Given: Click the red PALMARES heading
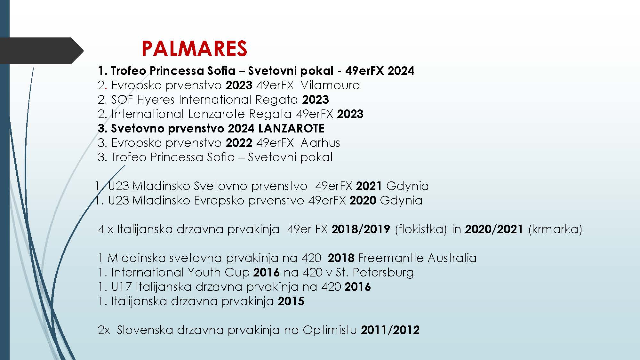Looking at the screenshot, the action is [x=194, y=49].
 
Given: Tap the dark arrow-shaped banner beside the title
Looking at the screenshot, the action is [x=42, y=51].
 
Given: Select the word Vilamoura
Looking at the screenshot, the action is [x=331, y=85].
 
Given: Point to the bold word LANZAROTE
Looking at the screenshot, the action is [x=291, y=128].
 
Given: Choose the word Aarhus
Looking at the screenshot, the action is [x=320, y=143].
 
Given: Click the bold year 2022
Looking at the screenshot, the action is [x=239, y=143].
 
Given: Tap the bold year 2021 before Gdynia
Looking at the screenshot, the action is [x=369, y=186].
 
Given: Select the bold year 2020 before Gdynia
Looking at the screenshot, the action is [x=363, y=200].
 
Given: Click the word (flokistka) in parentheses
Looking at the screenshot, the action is [x=421, y=229].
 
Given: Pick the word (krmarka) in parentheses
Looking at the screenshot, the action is [x=555, y=229].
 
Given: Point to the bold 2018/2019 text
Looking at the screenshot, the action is [x=361, y=229].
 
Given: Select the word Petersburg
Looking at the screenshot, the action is [x=383, y=273].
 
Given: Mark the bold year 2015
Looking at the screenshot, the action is [x=291, y=301].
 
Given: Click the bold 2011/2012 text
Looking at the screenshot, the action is [x=390, y=330].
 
